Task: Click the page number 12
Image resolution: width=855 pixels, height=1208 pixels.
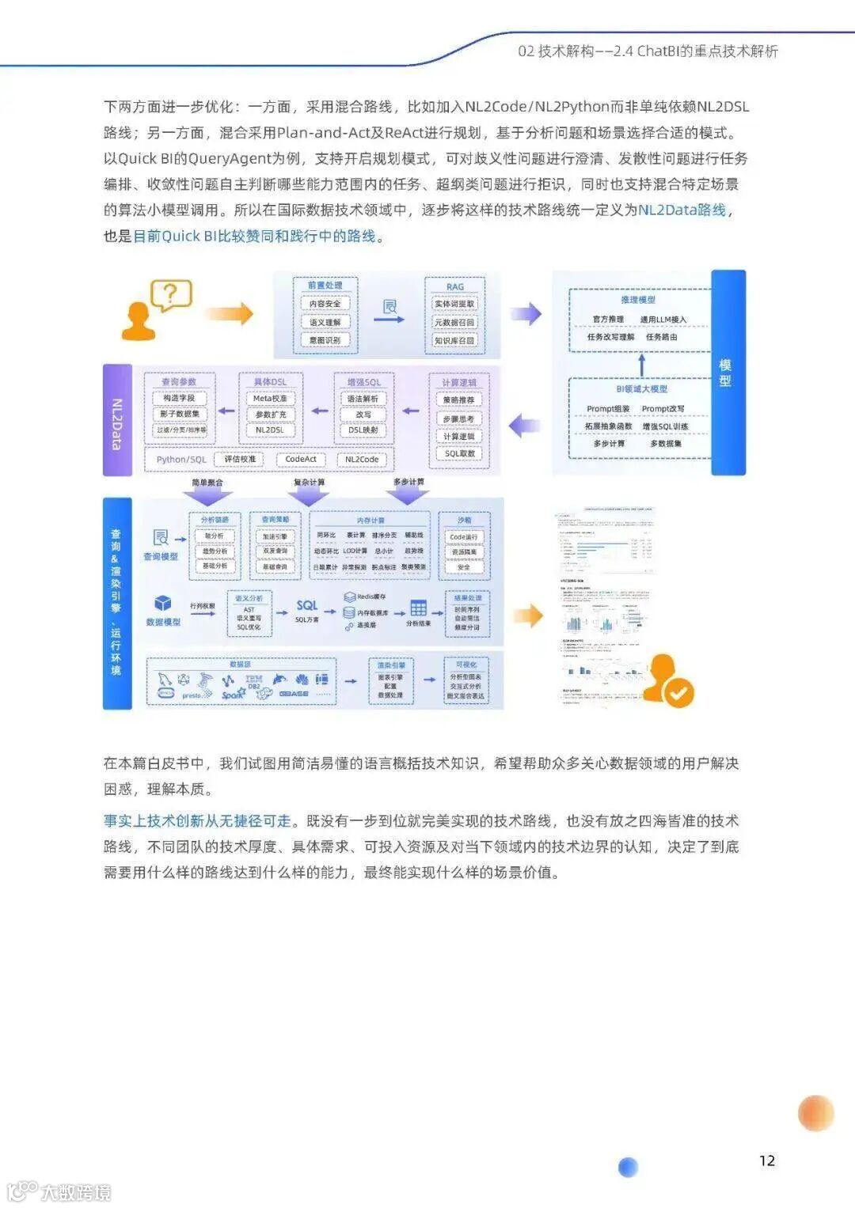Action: (x=766, y=1160)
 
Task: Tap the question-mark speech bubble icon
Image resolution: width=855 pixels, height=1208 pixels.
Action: (x=171, y=296)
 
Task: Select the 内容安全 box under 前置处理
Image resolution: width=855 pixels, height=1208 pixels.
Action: (x=325, y=304)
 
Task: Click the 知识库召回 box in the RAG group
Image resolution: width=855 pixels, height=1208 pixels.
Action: (x=454, y=340)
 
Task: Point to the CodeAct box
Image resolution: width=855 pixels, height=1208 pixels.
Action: (x=301, y=459)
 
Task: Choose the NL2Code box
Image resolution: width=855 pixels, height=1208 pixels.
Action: (x=362, y=459)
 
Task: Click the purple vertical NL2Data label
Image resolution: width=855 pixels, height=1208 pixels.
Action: (x=117, y=419)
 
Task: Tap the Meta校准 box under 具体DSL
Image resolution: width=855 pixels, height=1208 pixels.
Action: (x=270, y=399)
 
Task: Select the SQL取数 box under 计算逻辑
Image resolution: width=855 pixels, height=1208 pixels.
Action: (x=459, y=453)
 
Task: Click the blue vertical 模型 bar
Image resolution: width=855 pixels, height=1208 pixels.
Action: (x=728, y=372)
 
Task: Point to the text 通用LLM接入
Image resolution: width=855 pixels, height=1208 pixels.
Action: (x=663, y=319)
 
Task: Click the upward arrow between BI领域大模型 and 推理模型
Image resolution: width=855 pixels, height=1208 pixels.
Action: (x=641, y=365)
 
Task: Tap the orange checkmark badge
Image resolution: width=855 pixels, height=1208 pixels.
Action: (x=678, y=693)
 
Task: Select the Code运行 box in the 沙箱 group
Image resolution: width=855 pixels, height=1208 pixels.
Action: (x=464, y=536)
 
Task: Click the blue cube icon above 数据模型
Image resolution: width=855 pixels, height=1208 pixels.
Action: (x=163, y=604)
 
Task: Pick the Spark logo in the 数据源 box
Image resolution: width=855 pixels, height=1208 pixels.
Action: (x=233, y=694)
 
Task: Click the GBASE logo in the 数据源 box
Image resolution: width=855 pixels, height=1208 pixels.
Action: (x=293, y=694)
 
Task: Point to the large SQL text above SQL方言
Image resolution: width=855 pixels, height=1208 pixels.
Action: (x=307, y=605)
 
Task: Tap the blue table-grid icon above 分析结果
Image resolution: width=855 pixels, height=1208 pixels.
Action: (x=418, y=608)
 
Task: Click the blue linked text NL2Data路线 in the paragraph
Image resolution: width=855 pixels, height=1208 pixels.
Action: (x=682, y=210)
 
